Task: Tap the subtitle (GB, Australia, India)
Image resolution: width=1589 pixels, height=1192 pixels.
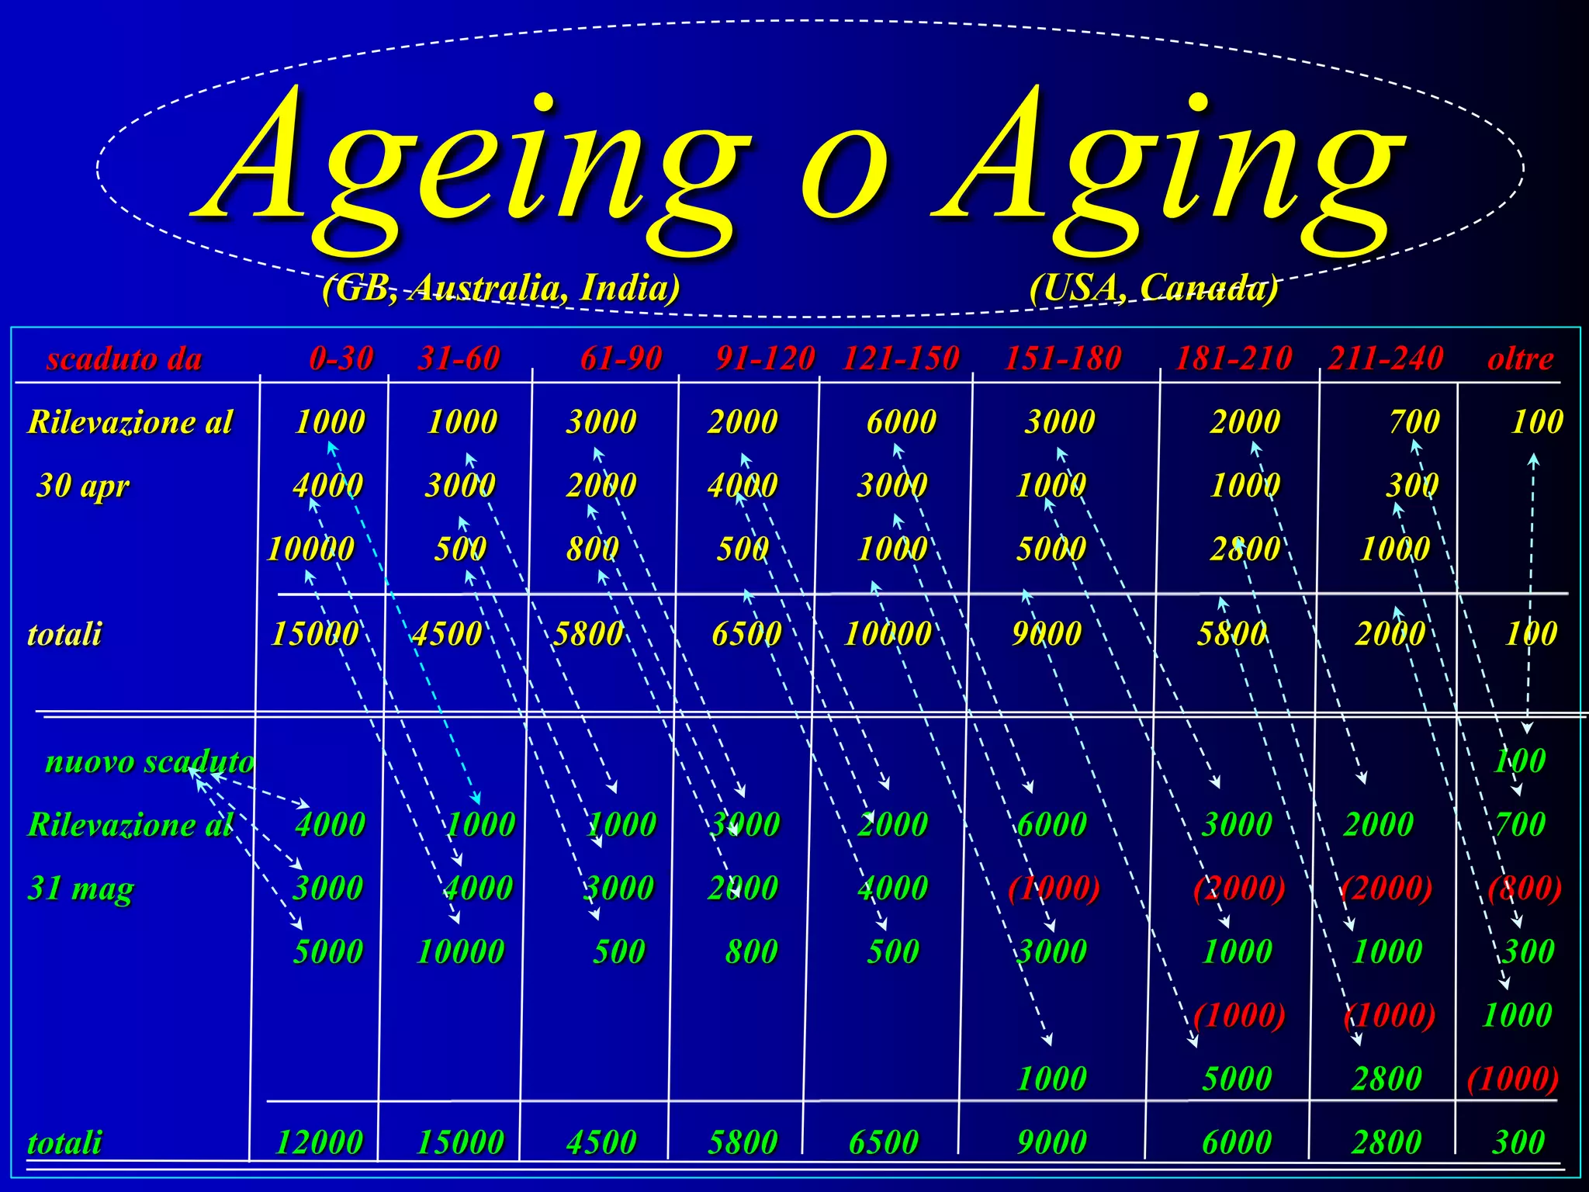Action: click(x=501, y=289)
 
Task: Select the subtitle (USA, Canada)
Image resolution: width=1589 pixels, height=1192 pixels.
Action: click(x=1154, y=289)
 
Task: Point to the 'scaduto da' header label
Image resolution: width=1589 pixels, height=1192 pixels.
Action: click(x=124, y=359)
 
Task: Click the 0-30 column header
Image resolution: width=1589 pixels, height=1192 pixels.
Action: click(x=341, y=359)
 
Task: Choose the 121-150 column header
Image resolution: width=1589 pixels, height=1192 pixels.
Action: click(x=901, y=359)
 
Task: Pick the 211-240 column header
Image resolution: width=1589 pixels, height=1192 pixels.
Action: click(x=1386, y=359)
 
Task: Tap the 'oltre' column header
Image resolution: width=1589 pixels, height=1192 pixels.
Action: click(x=1520, y=359)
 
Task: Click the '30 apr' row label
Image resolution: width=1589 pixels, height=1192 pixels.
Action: click(x=83, y=487)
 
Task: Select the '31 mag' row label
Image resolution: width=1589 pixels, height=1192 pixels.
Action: click(x=81, y=889)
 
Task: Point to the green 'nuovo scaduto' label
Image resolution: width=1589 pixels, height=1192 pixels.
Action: click(x=150, y=762)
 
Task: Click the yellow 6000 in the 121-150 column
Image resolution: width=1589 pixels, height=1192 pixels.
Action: click(x=901, y=422)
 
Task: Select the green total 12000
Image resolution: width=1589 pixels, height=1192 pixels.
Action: click(x=319, y=1142)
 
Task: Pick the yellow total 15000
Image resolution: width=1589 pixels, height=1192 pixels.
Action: click(x=314, y=634)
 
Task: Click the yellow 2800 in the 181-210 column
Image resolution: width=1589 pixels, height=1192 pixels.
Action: click(x=1245, y=549)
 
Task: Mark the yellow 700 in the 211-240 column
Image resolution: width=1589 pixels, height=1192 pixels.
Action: click(x=1414, y=422)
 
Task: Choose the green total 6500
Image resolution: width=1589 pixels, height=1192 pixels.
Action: click(x=884, y=1142)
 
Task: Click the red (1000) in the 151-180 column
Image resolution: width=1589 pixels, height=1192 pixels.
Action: click(x=1054, y=889)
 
